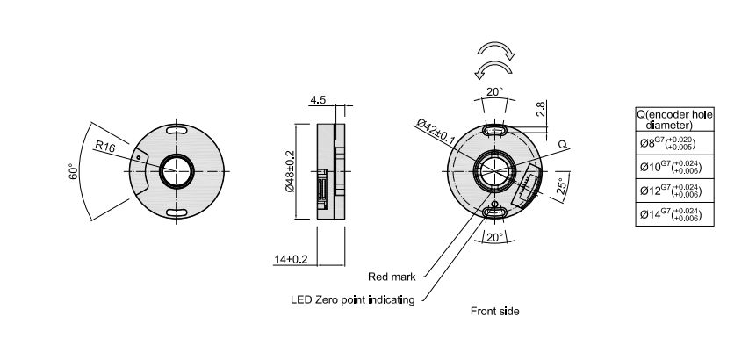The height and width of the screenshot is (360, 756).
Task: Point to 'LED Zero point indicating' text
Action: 352,299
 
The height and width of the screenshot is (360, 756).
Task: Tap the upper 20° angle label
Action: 495,91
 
